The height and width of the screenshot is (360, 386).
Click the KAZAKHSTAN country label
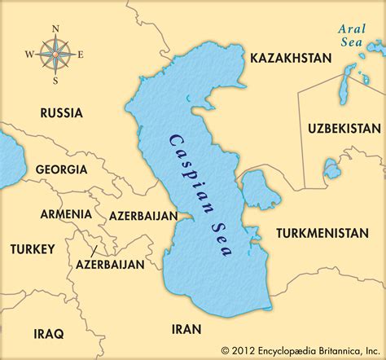291,58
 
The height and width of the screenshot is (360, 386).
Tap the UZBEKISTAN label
344,129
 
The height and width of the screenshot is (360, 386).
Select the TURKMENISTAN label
322,233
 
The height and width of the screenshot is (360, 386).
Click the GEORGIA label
61,169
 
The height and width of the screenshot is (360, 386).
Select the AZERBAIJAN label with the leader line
110,265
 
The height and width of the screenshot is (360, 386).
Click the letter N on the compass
55,29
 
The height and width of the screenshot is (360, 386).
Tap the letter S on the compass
55,81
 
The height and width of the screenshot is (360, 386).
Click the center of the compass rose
55,55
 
